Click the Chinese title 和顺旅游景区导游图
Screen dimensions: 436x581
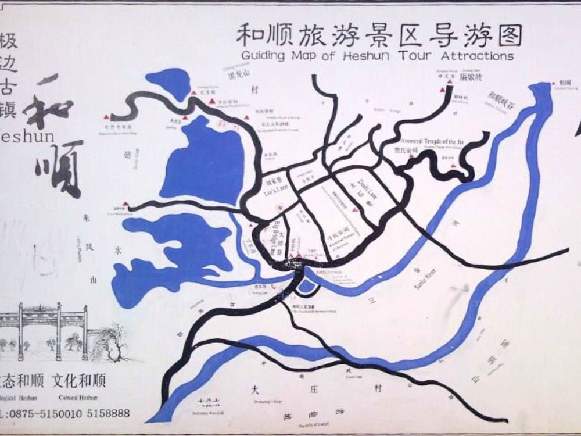point(379,35)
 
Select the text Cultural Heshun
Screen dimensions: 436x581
point(78,398)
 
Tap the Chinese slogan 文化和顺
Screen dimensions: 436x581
point(78,381)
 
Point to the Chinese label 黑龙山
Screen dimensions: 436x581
point(239,74)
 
